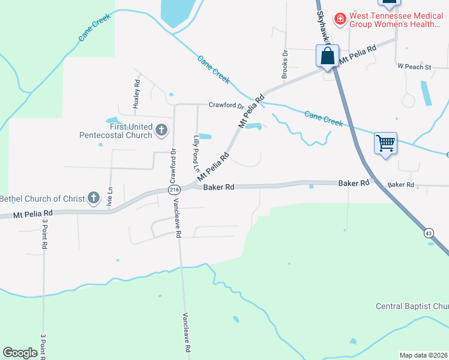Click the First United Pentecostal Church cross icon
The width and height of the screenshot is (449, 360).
[x=161, y=130]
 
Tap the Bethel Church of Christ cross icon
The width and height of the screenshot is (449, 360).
[x=93, y=197]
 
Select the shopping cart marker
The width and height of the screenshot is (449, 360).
[x=385, y=144]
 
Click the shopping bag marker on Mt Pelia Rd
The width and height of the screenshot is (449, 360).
[x=328, y=57]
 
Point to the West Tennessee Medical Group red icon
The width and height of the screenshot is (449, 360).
[x=340, y=19]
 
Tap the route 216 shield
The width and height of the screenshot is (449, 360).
[x=174, y=190]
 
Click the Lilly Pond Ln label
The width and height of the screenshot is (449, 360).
[x=196, y=154]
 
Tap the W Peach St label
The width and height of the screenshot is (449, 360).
[x=414, y=67]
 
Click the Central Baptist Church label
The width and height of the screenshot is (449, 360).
[x=412, y=307]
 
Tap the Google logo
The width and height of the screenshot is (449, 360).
[x=20, y=353]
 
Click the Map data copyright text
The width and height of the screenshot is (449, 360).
[x=423, y=355]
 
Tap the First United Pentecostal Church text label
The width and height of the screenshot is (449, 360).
[x=116, y=131]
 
